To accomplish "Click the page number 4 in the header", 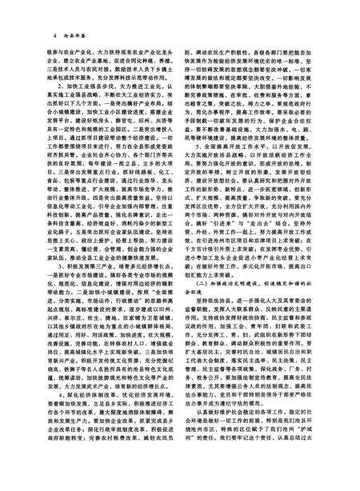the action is point(53,36).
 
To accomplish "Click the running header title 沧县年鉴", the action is point(76,36).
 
